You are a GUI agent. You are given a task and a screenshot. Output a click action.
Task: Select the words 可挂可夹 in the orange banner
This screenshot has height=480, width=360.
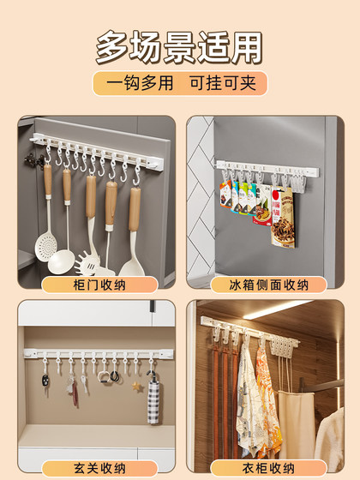pyautogui.click(x=225, y=83)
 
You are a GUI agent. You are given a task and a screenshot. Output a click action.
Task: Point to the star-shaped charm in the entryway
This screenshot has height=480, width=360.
pyautogui.click(x=136, y=387)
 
